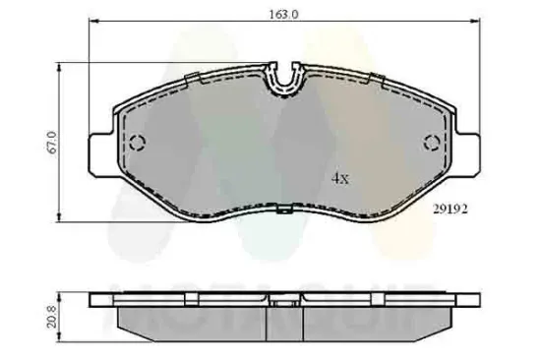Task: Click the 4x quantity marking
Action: click(339, 179)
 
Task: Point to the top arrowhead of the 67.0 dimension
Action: click(63, 67)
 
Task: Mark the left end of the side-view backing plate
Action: click(94, 298)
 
